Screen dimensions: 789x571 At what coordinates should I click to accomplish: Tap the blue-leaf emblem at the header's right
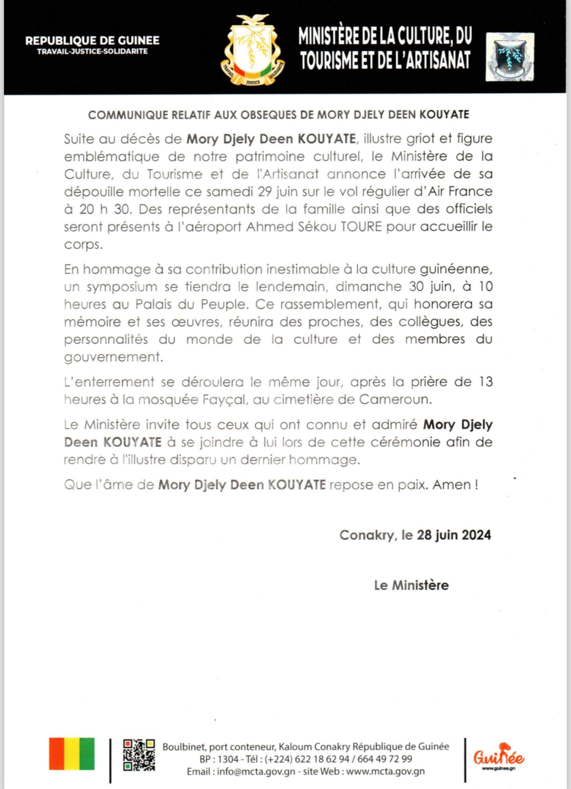coord(510,57)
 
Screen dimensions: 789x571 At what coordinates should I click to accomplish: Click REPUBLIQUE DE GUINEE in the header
coord(93,40)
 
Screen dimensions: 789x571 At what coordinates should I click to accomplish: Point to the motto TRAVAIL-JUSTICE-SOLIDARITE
coord(93,51)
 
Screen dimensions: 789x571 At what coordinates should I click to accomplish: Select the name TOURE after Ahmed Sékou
coord(361,227)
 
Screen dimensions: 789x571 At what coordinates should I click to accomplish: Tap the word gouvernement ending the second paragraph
coord(113,357)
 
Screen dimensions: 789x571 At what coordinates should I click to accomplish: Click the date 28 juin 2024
coord(454,535)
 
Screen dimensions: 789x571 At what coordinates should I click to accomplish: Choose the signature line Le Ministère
coord(411,585)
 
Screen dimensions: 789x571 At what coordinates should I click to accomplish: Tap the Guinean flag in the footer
coord(72,754)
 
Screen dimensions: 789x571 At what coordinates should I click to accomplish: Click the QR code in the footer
coord(139,755)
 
